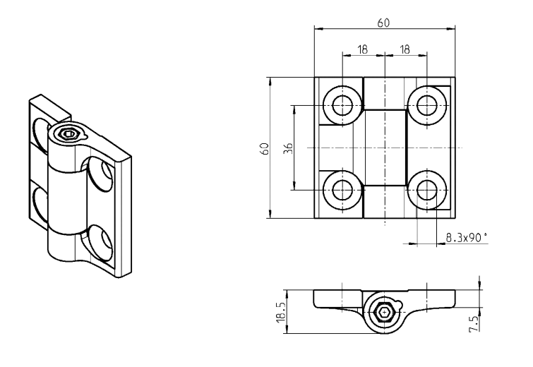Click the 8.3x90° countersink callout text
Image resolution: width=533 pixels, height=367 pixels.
pos(466,239)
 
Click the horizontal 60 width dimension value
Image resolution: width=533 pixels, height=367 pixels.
pos(384,23)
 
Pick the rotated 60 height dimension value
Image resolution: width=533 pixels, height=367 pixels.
pos(264,148)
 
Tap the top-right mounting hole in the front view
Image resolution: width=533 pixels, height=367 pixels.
pos(426,106)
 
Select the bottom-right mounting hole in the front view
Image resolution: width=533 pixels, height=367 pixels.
pos(426,189)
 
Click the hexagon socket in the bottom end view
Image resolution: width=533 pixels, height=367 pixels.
pos(384,311)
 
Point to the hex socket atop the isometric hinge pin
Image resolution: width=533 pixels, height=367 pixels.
pos(68,133)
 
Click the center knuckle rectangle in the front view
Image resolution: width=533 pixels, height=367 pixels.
pos(385,148)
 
